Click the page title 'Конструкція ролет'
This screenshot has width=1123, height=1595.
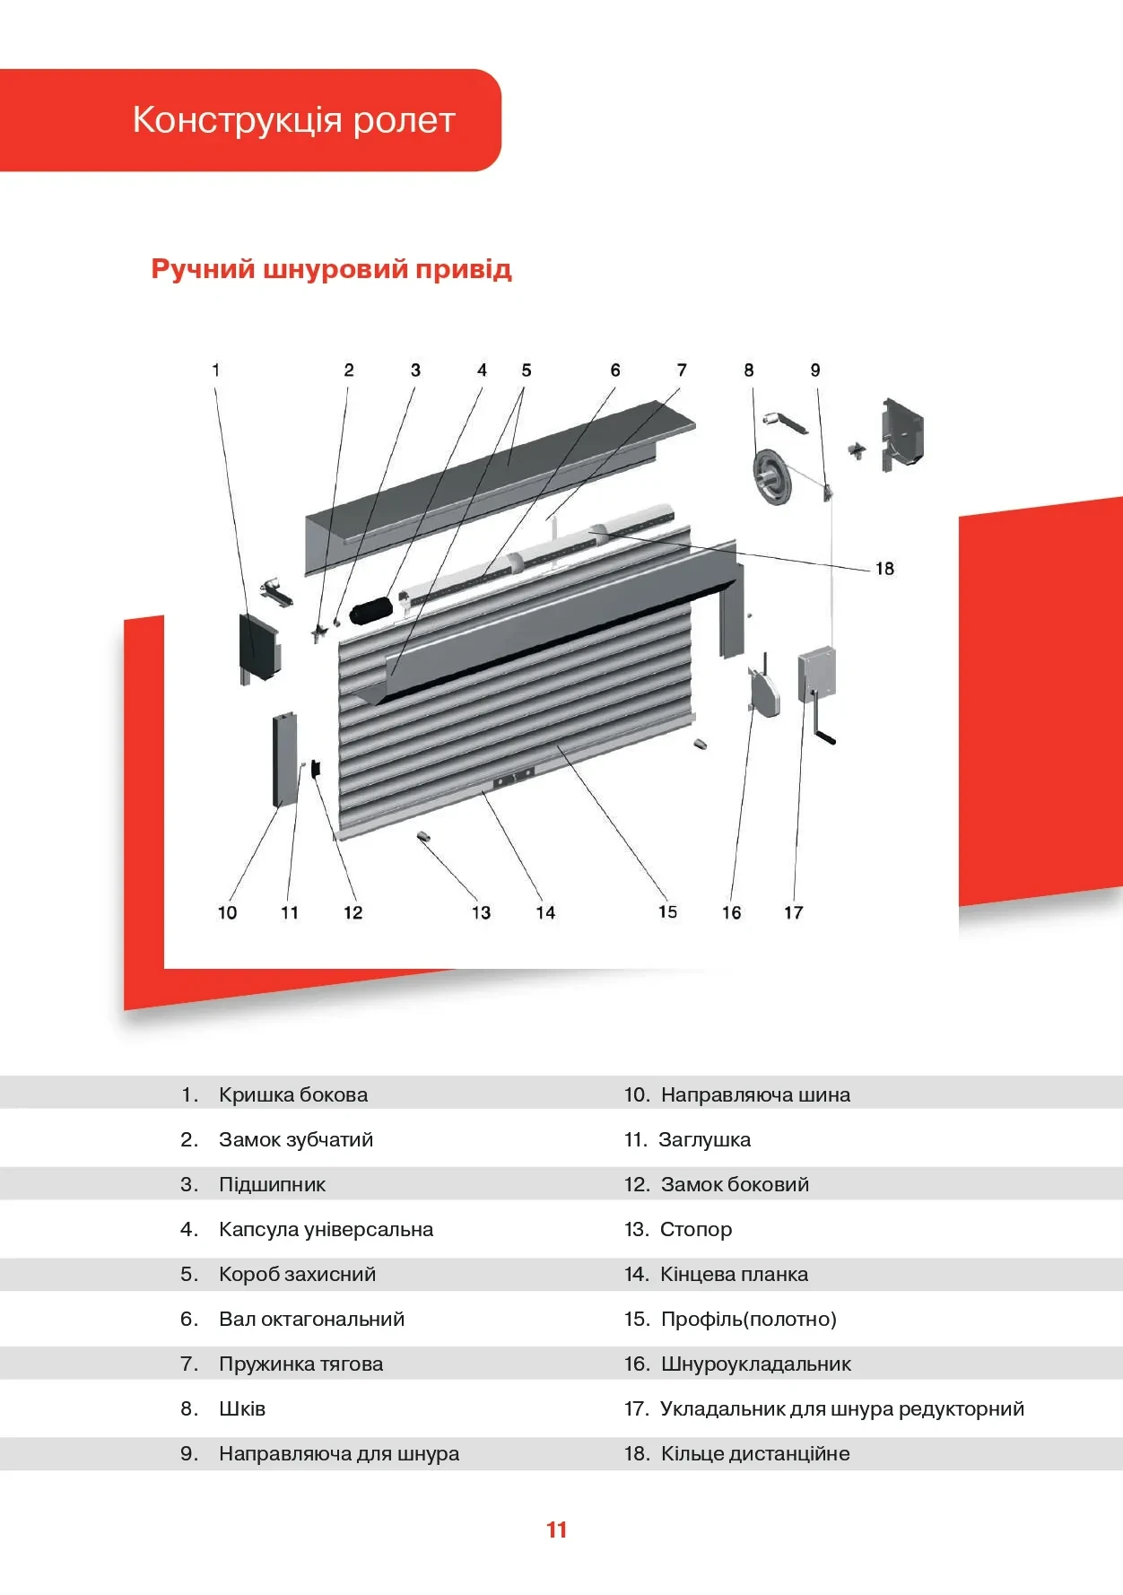click(x=294, y=119)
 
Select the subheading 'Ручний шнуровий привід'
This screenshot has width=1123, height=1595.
click(x=331, y=269)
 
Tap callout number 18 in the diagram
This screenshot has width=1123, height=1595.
click(x=884, y=569)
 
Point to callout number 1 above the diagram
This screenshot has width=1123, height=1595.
click(x=215, y=370)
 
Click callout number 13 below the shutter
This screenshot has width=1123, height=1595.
click(x=481, y=912)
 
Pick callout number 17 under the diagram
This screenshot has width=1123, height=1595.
click(x=793, y=912)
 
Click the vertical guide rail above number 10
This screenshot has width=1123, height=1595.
click(x=286, y=760)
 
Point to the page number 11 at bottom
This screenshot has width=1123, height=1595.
click(x=556, y=1530)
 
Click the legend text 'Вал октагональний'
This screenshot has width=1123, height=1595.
click(x=311, y=1319)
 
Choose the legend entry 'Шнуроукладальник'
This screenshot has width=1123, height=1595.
click(x=755, y=1364)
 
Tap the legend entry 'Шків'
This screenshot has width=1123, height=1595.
click(x=242, y=1408)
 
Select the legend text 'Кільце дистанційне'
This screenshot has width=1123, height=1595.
click(x=754, y=1453)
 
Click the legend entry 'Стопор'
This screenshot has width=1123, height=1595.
click(x=695, y=1229)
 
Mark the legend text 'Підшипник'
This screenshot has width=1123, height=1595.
click(x=272, y=1184)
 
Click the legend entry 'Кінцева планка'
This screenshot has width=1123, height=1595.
click(x=734, y=1274)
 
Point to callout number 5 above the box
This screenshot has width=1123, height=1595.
click(x=526, y=370)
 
